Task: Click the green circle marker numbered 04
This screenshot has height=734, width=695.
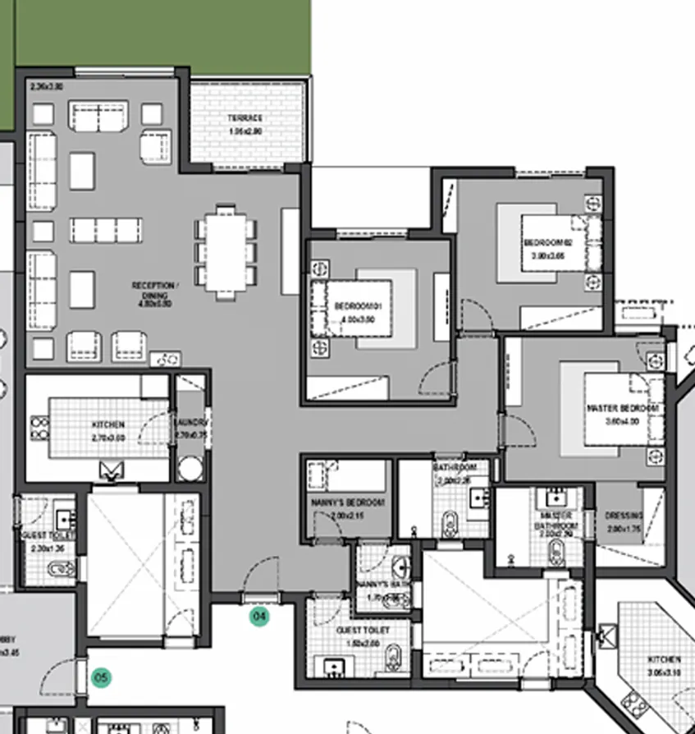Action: click(x=259, y=616)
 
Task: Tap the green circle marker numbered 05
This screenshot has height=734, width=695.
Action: click(x=101, y=677)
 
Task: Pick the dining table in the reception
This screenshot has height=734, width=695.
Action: click(x=226, y=251)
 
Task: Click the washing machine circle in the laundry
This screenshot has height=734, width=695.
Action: click(x=190, y=469)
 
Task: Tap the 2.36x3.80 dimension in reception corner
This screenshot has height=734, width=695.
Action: click(x=47, y=86)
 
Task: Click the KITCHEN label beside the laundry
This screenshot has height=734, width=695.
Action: click(x=108, y=424)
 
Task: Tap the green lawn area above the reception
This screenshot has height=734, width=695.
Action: click(x=164, y=33)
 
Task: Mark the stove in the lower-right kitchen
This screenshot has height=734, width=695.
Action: click(x=635, y=703)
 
